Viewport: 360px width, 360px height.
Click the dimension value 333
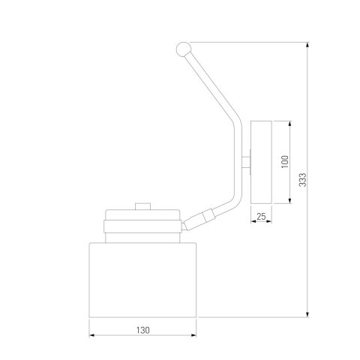[x=301, y=181]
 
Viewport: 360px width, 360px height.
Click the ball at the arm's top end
[x=181, y=49]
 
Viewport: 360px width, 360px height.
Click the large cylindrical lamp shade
[x=142, y=280]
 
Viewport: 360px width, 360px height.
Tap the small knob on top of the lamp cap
[x=142, y=206]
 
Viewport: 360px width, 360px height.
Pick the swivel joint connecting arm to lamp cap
[x=200, y=219]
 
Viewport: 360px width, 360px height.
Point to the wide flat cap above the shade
[x=142, y=223]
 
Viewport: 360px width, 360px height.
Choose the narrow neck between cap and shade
[x=142, y=237]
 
